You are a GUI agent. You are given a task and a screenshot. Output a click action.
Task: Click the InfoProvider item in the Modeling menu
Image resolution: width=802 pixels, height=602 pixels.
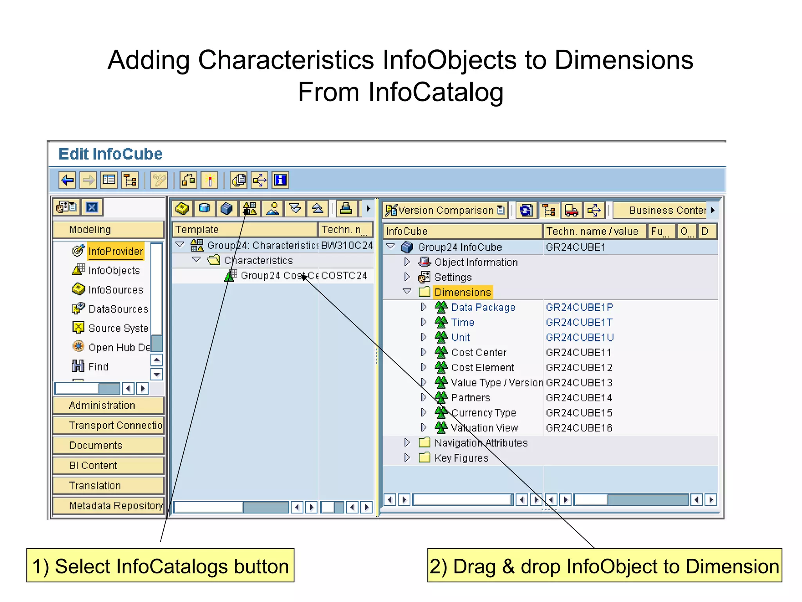pyautogui.click(x=115, y=251)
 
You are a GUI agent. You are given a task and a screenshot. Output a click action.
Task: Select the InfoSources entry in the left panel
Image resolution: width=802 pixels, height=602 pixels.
pyautogui.click(x=116, y=290)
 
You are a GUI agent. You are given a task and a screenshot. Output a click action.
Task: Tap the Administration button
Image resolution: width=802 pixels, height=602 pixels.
pyautogui.click(x=108, y=405)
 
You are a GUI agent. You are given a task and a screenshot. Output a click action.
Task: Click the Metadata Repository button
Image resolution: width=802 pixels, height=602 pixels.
pyautogui.click(x=108, y=506)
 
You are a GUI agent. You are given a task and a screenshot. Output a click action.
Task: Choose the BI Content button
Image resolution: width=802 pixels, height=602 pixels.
pyautogui.click(x=108, y=466)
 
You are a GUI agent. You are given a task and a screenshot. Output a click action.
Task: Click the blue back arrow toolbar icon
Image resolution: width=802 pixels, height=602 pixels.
pyautogui.click(x=67, y=181)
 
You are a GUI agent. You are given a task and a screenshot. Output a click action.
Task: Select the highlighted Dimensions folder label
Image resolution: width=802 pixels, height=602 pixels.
pyautogui.click(x=462, y=292)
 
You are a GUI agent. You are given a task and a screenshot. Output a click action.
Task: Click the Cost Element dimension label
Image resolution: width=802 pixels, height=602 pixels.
pyautogui.click(x=482, y=368)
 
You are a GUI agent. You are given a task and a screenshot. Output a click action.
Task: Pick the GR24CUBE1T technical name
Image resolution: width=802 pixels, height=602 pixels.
pyautogui.click(x=579, y=323)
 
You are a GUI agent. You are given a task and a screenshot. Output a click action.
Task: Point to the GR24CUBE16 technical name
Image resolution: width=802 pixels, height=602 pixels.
pyautogui.click(x=579, y=428)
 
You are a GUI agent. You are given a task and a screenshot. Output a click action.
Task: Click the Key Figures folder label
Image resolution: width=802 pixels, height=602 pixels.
pyautogui.click(x=461, y=458)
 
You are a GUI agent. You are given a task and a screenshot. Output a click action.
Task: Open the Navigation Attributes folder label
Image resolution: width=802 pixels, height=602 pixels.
pyautogui.click(x=481, y=443)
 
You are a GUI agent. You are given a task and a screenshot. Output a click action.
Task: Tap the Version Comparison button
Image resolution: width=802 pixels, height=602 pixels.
pyautogui.click(x=445, y=210)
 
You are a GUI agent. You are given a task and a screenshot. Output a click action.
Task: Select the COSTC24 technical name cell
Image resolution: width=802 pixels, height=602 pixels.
pyautogui.click(x=344, y=276)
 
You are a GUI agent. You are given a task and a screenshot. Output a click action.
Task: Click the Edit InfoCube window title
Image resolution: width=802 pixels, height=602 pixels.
pyautogui.click(x=110, y=154)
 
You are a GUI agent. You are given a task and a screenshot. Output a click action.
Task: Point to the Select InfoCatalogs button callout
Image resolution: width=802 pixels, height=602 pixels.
pyautogui.click(x=160, y=566)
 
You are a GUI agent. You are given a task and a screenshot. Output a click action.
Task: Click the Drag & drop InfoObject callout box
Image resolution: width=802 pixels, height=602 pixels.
pyautogui.click(x=604, y=566)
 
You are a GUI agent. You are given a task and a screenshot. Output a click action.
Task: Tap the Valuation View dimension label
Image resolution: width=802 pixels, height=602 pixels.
pyautogui.click(x=484, y=428)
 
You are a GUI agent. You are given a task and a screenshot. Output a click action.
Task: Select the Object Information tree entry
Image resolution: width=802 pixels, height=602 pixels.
pyautogui.click(x=476, y=262)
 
